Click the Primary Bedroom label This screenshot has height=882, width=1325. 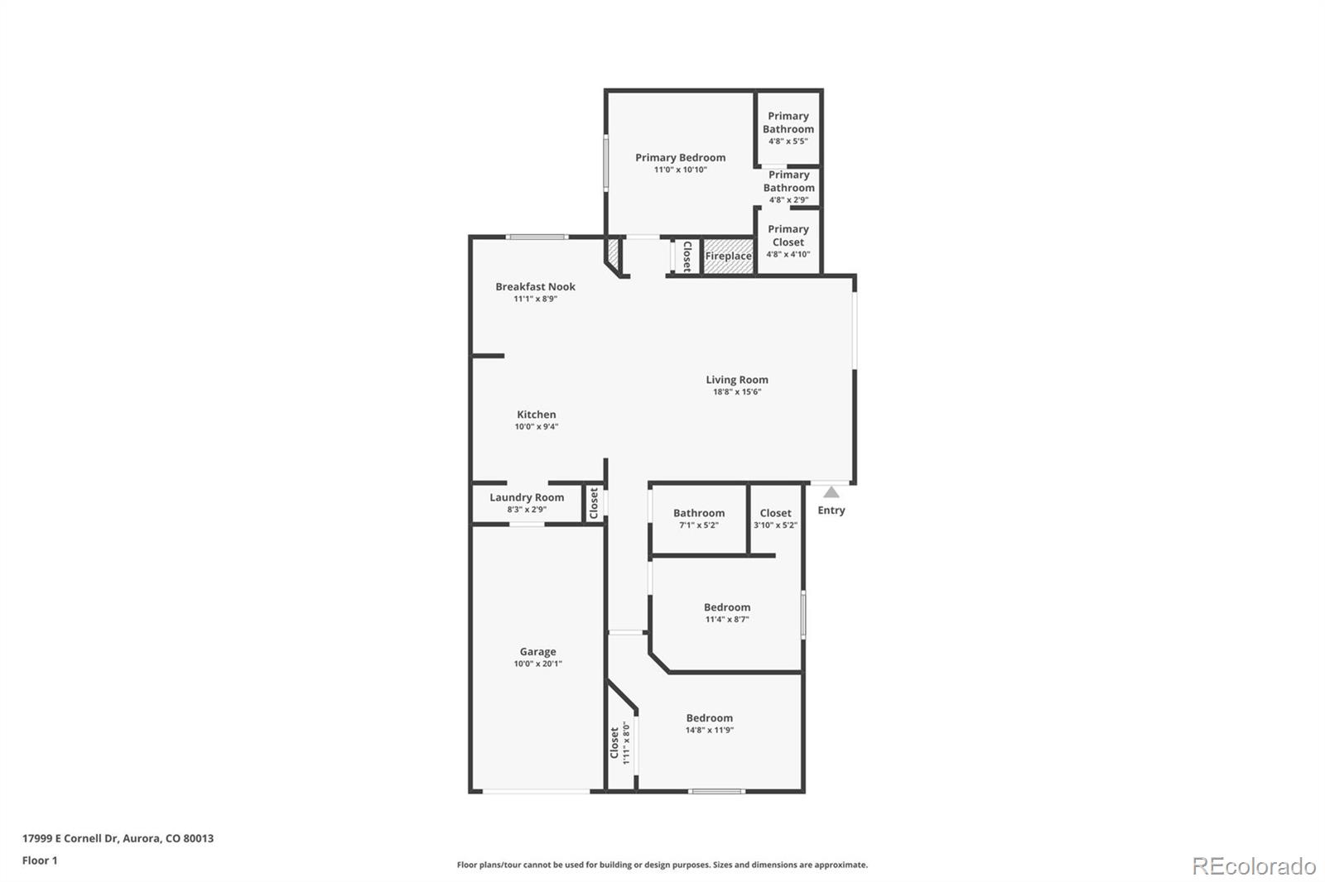click(x=680, y=157)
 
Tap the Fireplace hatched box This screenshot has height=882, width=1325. click(x=729, y=256)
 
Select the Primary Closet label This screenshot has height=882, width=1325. click(x=788, y=236)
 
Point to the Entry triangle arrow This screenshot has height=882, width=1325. click(x=831, y=492)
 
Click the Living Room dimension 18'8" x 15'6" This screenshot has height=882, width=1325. click(x=737, y=392)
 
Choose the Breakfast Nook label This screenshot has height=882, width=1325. click(x=535, y=287)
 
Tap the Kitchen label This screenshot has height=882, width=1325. click(x=537, y=415)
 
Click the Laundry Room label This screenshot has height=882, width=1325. click(x=527, y=497)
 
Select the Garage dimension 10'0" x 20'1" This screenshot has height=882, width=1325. click(x=537, y=664)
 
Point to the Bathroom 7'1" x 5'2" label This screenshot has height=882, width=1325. click(x=699, y=513)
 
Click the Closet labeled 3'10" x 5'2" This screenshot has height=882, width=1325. click(x=776, y=513)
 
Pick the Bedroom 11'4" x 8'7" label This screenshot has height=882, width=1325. click(x=727, y=607)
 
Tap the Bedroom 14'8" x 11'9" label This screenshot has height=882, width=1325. click(x=710, y=718)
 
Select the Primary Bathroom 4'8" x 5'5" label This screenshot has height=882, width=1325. click(x=788, y=122)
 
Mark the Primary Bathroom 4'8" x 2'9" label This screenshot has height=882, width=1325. click(x=789, y=181)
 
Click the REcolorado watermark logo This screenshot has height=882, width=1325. click(x=1254, y=866)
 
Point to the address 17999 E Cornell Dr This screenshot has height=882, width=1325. click(x=118, y=838)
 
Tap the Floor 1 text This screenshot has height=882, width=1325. click(x=40, y=860)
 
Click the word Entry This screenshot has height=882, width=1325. click(x=831, y=511)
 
